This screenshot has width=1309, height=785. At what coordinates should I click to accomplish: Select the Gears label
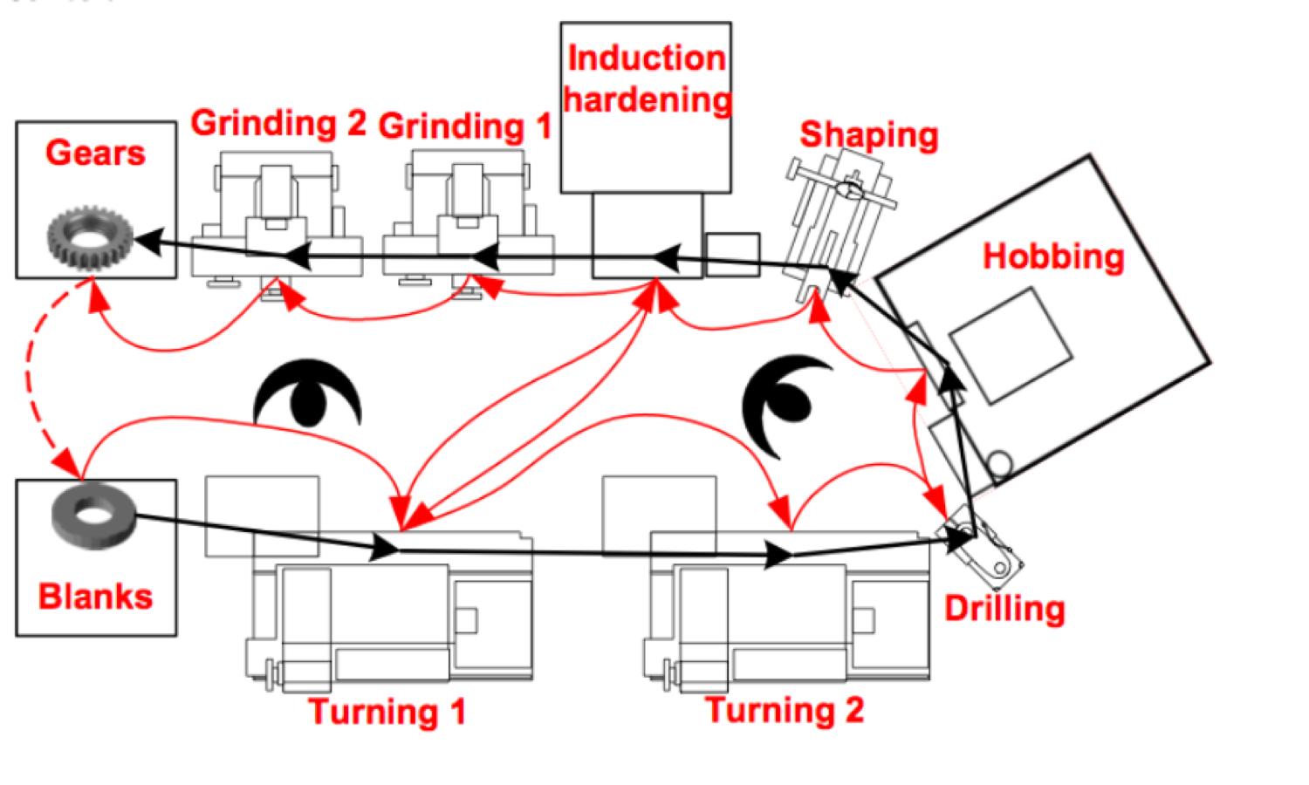(x=95, y=154)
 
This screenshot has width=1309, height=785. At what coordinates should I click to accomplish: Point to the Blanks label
(x=95, y=597)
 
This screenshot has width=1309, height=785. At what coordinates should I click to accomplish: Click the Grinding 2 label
(x=278, y=123)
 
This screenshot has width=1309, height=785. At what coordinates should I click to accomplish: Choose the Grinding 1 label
(x=465, y=126)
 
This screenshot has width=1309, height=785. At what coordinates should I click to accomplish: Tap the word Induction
(x=647, y=58)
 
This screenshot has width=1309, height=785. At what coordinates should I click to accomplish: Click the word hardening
(x=647, y=99)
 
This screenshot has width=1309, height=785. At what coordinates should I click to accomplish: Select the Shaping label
(x=869, y=135)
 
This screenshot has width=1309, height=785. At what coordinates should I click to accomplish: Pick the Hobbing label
(x=1053, y=256)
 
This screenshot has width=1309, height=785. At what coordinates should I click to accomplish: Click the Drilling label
(x=1004, y=609)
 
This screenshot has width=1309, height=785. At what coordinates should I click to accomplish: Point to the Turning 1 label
(x=387, y=712)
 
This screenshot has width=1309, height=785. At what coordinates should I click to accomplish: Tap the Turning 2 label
(x=785, y=710)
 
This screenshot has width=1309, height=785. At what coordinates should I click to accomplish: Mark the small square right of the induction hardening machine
(x=732, y=255)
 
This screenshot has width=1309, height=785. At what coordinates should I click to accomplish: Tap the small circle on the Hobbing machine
(x=999, y=461)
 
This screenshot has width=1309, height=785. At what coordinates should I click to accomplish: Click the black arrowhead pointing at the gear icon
(x=148, y=241)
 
